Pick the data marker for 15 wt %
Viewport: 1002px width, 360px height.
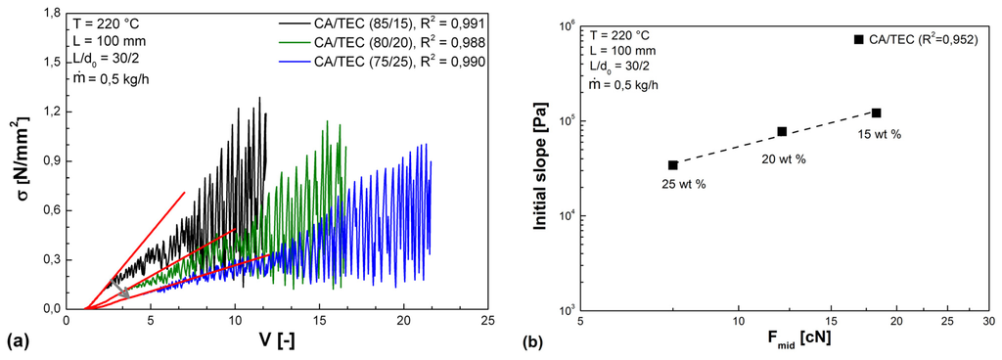point(877,112)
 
